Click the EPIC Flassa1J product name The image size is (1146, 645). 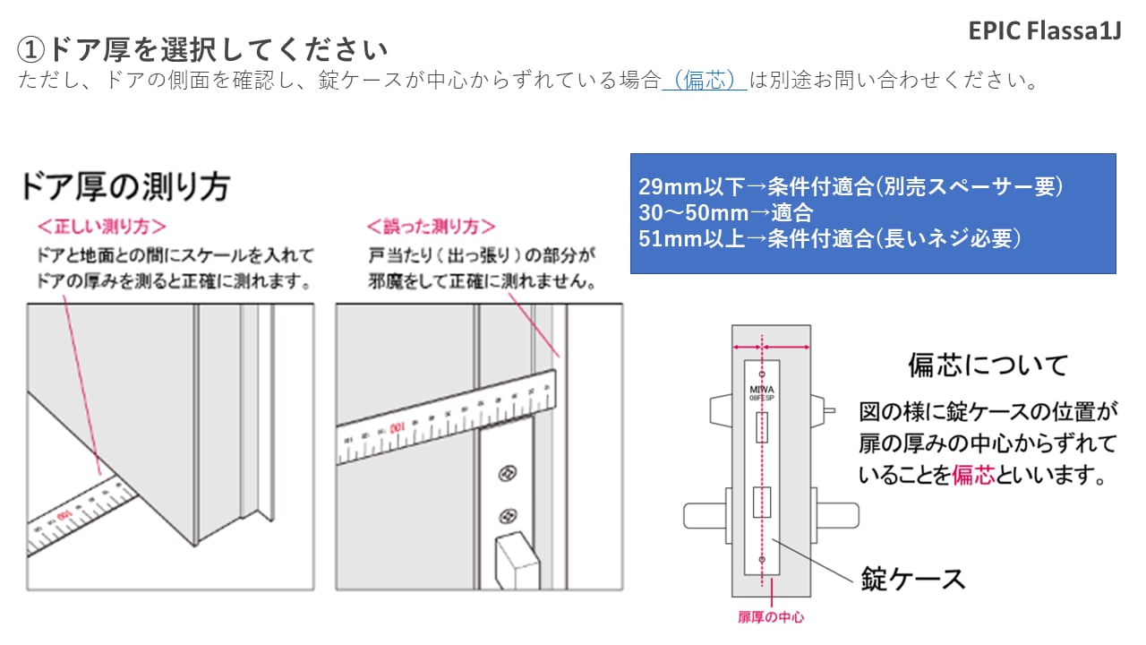coord(1044,30)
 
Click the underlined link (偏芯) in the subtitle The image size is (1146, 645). coord(705,80)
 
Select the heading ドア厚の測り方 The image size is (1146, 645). coord(125,186)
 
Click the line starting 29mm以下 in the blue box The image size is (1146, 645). coord(850,187)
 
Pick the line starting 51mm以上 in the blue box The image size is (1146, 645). coord(829,239)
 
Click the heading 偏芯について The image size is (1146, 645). coord(988,365)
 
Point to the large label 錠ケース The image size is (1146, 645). coord(913,578)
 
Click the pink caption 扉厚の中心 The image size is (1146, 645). coord(771,617)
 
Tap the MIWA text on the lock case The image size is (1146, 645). coord(761,390)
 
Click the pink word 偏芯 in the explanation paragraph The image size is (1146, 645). coord(973,476)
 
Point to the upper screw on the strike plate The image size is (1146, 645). coord(509,472)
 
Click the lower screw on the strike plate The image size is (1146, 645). coord(509,515)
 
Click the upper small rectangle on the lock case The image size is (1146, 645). coord(762,428)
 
